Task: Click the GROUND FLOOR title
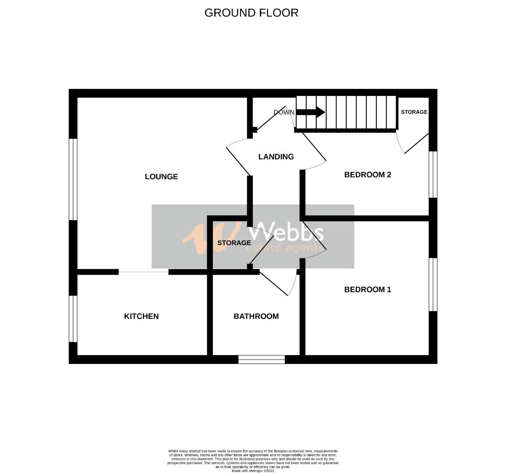coord(251,13)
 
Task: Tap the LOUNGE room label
coord(161,176)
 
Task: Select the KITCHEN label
coord(141,316)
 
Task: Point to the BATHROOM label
coord(256,316)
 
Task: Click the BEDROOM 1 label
coord(367,289)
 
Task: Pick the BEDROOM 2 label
coord(367,175)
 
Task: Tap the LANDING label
coord(276,157)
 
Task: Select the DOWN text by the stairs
coord(284,112)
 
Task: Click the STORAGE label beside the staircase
coord(414,112)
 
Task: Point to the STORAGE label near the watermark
coord(234,243)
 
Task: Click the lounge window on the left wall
coord(73,179)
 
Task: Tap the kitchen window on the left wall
coord(73,318)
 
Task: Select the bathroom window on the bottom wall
coord(262,360)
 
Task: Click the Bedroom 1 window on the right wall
coord(433,284)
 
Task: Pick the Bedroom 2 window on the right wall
coord(433,174)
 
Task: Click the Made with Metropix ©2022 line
coord(252,470)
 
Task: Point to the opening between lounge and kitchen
coord(143,272)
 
